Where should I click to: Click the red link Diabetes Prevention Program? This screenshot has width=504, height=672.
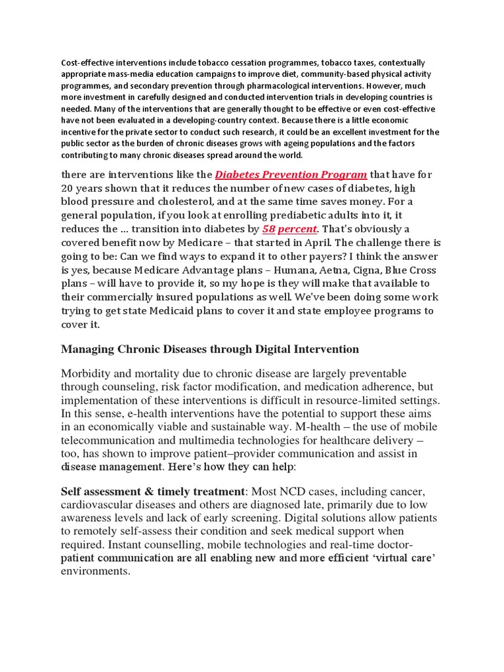pyautogui.click(x=291, y=175)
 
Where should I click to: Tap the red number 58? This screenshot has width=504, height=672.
pyautogui.click(x=268, y=228)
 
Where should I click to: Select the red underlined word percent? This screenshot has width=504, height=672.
pyautogui.click(x=298, y=228)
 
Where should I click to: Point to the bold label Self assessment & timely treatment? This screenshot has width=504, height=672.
pyautogui.click(x=152, y=491)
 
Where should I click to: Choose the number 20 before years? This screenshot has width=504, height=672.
pyautogui.click(x=69, y=188)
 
